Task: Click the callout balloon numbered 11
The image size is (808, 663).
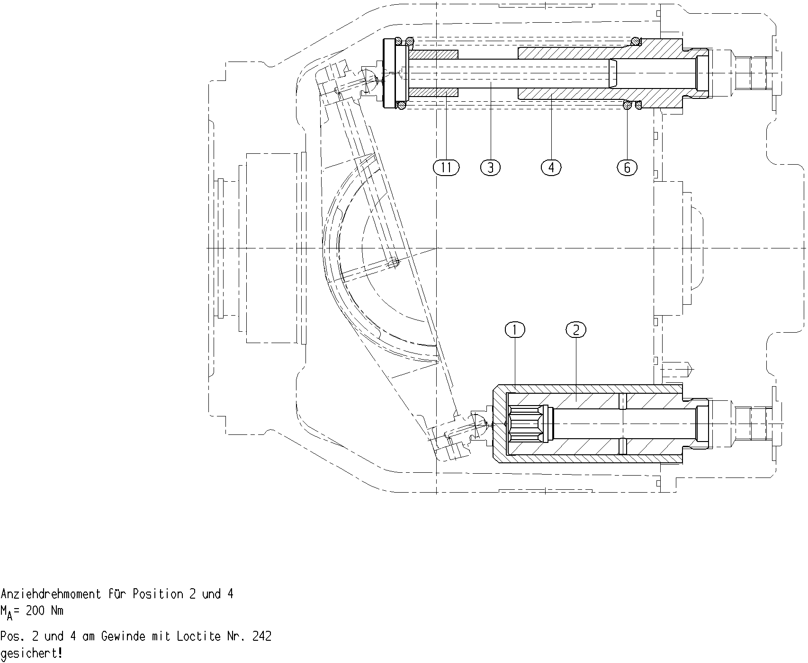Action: click(446, 167)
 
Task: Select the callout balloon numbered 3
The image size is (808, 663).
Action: click(490, 167)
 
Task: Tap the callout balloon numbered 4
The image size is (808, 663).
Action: click(551, 167)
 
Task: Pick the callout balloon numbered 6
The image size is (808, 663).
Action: click(628, 167)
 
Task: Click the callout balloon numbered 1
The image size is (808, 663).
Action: click(515, 329)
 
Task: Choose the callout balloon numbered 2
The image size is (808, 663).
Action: click(576, 329)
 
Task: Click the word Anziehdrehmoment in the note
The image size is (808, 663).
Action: click(51, 594)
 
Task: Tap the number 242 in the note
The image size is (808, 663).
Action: click(262, 636)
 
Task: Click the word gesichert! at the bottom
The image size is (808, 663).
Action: click(31, 654)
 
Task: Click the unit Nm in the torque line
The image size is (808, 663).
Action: click(57, 610)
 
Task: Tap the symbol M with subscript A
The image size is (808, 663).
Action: click(6, 612)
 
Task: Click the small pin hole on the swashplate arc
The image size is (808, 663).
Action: click(394, 264)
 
